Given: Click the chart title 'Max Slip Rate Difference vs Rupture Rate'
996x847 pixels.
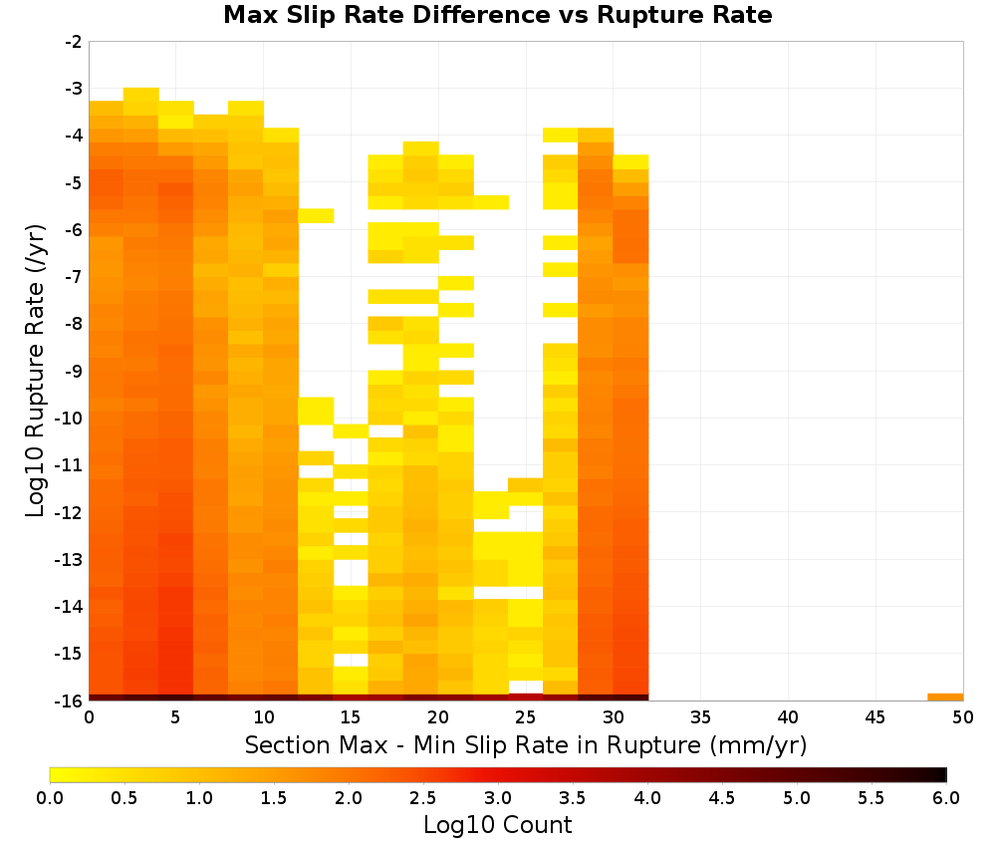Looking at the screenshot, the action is (497, 15).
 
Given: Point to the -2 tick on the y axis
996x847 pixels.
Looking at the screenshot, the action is (74, 42).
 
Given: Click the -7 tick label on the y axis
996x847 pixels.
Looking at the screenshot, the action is (74, 277).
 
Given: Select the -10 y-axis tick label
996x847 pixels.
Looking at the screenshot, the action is (70, 419).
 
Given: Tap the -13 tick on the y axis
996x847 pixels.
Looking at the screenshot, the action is (70, 559).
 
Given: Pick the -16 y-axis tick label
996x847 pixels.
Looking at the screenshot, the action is (70, 701).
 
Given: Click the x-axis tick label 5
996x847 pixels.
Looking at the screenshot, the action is (176, 717).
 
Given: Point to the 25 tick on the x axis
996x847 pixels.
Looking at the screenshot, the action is (525, 717).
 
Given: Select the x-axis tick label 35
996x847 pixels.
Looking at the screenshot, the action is (700, 717).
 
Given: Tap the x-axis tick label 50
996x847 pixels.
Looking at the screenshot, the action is (963, 717).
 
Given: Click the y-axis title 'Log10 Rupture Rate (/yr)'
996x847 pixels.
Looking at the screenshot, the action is (36, 371).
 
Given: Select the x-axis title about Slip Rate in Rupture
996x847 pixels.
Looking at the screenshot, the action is (526, 744).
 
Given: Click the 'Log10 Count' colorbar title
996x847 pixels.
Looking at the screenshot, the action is (497, 825).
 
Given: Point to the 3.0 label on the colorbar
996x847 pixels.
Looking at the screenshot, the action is (498, 798).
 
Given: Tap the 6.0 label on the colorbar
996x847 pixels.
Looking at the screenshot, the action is (946, 798).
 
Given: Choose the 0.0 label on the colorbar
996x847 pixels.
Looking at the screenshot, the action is (50, 798).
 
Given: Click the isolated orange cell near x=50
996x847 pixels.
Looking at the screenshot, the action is (945, 698).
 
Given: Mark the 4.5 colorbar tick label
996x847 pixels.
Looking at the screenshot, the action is (722, 798).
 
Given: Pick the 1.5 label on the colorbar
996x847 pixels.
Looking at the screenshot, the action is (274, 798).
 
